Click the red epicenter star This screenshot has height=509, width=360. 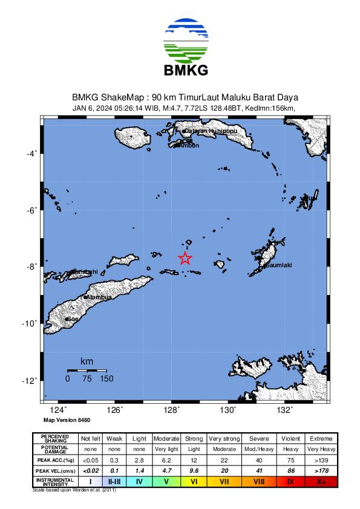(185, 258)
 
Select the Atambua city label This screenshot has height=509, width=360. (99, 297)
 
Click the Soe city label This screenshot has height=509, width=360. (73, 319)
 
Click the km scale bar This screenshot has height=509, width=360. (87, 370)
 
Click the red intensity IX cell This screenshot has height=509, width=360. (291, 482)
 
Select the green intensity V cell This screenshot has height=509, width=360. (167, 482)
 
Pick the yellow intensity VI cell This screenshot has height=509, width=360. (194, 482)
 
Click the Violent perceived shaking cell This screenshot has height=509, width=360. (291, 438)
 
